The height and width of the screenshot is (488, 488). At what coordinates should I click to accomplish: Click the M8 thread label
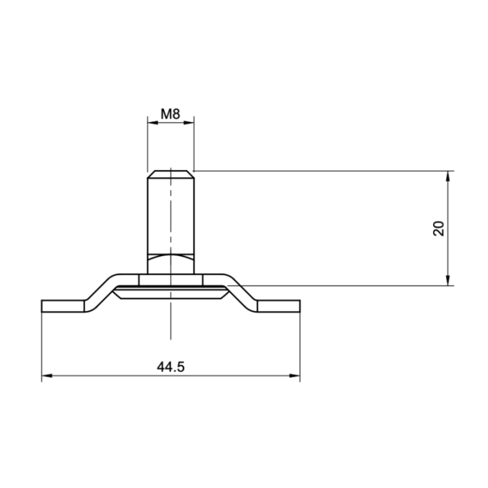pos(170,114)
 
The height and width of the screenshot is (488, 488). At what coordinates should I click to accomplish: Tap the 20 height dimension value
pos(439,228)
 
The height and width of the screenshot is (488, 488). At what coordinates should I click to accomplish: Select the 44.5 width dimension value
pos(171,367)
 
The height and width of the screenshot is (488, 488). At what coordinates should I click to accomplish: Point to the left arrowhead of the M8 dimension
pos(152,123)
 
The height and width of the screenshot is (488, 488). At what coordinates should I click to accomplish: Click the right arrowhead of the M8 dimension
pos(189,123)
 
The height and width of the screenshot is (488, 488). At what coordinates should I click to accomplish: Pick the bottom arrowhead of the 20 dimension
pos(448,281)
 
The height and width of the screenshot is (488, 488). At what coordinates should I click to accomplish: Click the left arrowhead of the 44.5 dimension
pos(47,375)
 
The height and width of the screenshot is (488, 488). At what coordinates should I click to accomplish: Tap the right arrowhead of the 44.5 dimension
pos(295,375)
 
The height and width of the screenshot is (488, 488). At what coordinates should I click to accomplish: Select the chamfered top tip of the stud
pos(171,174)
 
